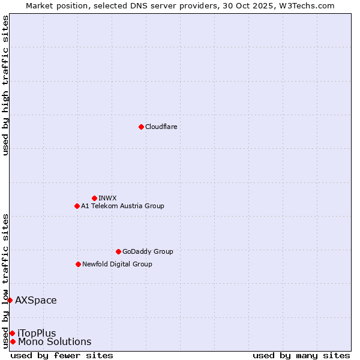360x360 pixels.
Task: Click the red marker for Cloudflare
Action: (x=141, y=127)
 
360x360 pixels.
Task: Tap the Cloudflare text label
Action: (x=161, y=127)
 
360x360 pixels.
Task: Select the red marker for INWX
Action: (x=94, y=198)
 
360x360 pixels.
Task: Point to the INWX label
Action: (x=107, y=198)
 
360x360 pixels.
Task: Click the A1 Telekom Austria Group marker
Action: (x=77, y=206)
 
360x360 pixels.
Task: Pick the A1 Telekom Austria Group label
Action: (x=122, y=206)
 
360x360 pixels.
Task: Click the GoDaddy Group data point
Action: (x=118, y=251)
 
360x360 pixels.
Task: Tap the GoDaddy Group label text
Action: (x=148, y=251)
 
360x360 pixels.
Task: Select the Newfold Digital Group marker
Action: (x=78, y=264)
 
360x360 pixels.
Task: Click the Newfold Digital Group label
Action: (x=117, y=264)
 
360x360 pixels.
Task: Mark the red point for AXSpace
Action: (x=10, y=300)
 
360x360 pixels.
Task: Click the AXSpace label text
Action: (x=36, y=300)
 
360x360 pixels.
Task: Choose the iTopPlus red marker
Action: (x=12, y=333)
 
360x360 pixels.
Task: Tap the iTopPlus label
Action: (x=37, y=333)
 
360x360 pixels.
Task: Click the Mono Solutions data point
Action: (x=13, y=341)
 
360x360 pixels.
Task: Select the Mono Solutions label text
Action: (x=55, y=342)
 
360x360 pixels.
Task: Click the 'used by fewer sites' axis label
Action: (x=62, y=355)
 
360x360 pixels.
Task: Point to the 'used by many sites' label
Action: (x=301, y=355)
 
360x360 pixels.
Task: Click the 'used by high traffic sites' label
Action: (x=5, y=85)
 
